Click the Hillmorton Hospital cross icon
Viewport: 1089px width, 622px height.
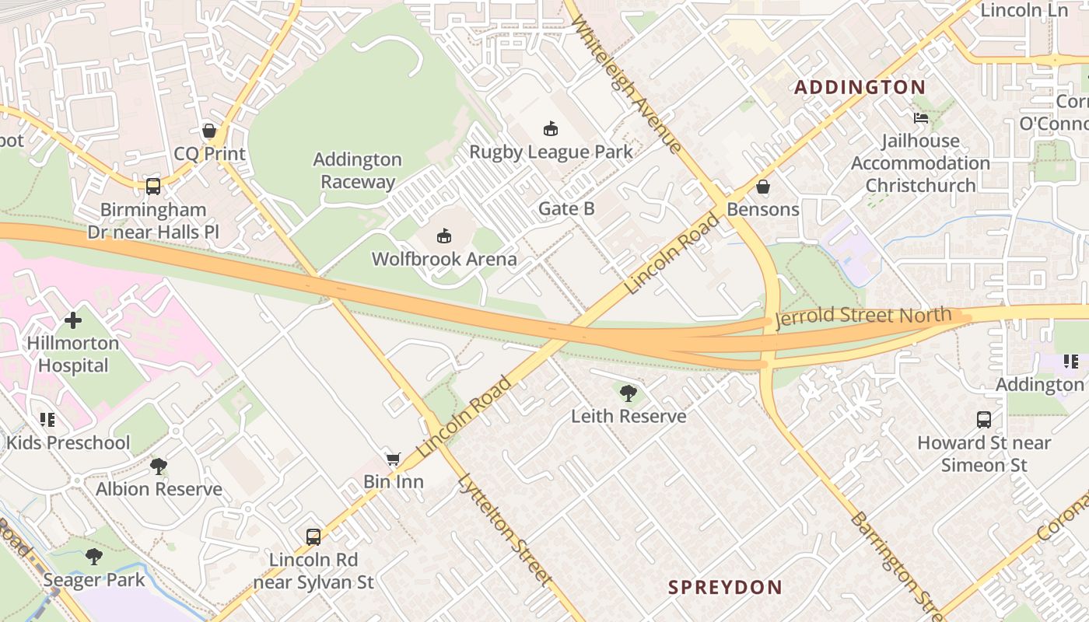point(73,320)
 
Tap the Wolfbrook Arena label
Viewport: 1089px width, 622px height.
point(444,259)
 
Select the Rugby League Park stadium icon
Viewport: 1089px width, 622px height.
point(551,128)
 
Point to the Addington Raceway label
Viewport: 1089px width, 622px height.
point(358,170)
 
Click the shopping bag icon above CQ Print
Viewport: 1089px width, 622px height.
point(208,131)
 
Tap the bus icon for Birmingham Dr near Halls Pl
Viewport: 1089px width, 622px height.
point(152,187)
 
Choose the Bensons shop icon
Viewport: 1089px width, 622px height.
point(763,187)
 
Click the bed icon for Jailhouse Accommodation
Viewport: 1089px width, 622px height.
point(921,118)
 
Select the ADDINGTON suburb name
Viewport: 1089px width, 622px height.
point(860,87)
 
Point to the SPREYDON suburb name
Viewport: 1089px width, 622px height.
point(725,587)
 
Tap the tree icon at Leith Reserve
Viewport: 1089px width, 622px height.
point(629,393)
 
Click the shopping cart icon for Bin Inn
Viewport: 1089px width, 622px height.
point(394,460)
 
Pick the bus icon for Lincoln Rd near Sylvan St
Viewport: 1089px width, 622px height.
point(313,536)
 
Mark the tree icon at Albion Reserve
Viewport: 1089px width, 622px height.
point(159,466)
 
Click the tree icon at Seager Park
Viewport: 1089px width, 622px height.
point(94,557)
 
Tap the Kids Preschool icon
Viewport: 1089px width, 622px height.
point(47,420)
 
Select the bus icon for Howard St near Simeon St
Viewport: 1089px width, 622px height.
point(984,420)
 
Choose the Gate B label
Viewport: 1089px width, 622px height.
point(566,208)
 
